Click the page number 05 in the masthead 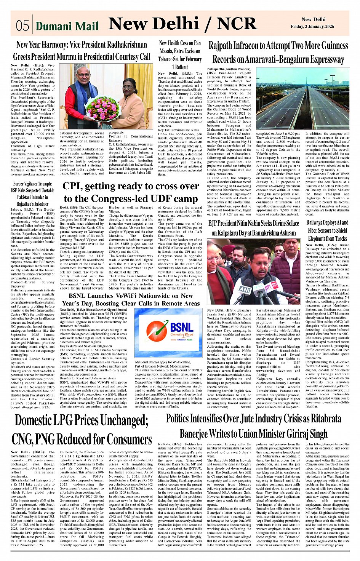pyautogui.click(x=22, y=26)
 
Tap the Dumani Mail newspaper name pyautogui.click(x=67, y=26)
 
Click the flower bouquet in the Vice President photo pyautogui.click(x=102, y=108)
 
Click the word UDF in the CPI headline pyautogui.click(x=157, y=199)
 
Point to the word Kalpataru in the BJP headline pyautogui.click(x=232, y=233)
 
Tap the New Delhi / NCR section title pyautogui.click(x=182, y=24)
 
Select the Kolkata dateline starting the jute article pyautogui.click(x=165, y=444)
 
